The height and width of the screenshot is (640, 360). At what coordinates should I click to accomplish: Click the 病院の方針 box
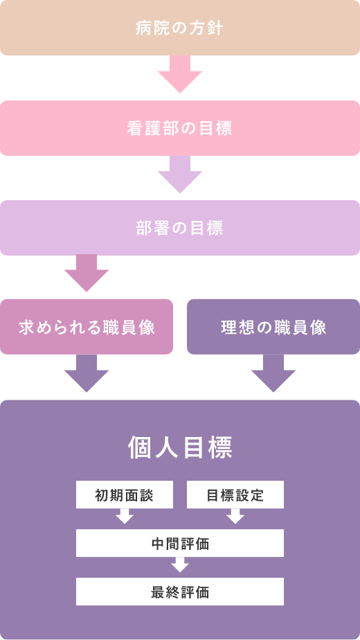(x=180, y=28)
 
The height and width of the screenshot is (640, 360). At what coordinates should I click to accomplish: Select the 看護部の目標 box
(x=180, y=128)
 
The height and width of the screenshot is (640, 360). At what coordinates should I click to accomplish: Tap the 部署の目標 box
(x=180, y=228)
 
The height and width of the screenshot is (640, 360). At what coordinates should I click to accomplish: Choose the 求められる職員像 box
(x=87, y=327)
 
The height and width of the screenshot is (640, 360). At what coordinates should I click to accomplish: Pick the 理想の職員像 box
(x=273, y=327)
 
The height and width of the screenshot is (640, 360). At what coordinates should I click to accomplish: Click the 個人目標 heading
(x=180, y=447)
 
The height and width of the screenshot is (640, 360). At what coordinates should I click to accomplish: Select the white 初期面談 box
(x=125, y=495)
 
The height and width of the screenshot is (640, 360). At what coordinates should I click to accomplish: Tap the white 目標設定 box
(x=235, y=495)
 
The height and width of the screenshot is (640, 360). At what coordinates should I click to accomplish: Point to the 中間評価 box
(x=180, y=543)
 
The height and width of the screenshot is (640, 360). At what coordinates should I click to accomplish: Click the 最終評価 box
(x=180, y=592)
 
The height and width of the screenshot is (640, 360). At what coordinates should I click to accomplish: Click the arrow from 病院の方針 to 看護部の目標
(x=180, y=74)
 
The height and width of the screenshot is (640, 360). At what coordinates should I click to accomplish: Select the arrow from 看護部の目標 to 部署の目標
(x=180, y=175)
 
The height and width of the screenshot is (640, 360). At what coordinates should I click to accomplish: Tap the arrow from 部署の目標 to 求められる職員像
(x=87, y=274)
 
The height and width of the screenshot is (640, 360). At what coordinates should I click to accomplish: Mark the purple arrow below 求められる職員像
(x=87, y=373)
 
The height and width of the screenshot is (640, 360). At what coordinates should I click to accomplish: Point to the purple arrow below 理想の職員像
(x=273, y=373)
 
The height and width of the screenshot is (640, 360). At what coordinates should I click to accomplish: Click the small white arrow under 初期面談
(x=125, y=516)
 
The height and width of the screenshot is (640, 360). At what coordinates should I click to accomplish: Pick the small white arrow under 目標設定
(x=235, y=516)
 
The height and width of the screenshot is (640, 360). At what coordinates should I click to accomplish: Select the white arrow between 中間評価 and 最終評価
(x=180, y=565)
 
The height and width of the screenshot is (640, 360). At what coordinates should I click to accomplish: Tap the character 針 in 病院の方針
(x=216, y=28)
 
